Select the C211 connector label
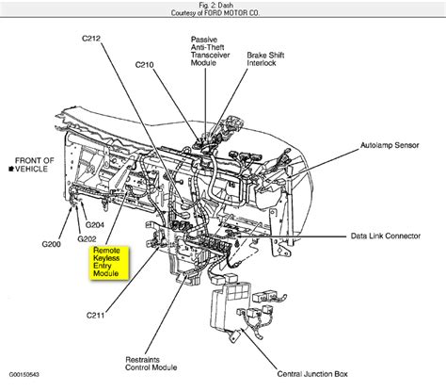pos(96,314)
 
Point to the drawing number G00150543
pos(25,384)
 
